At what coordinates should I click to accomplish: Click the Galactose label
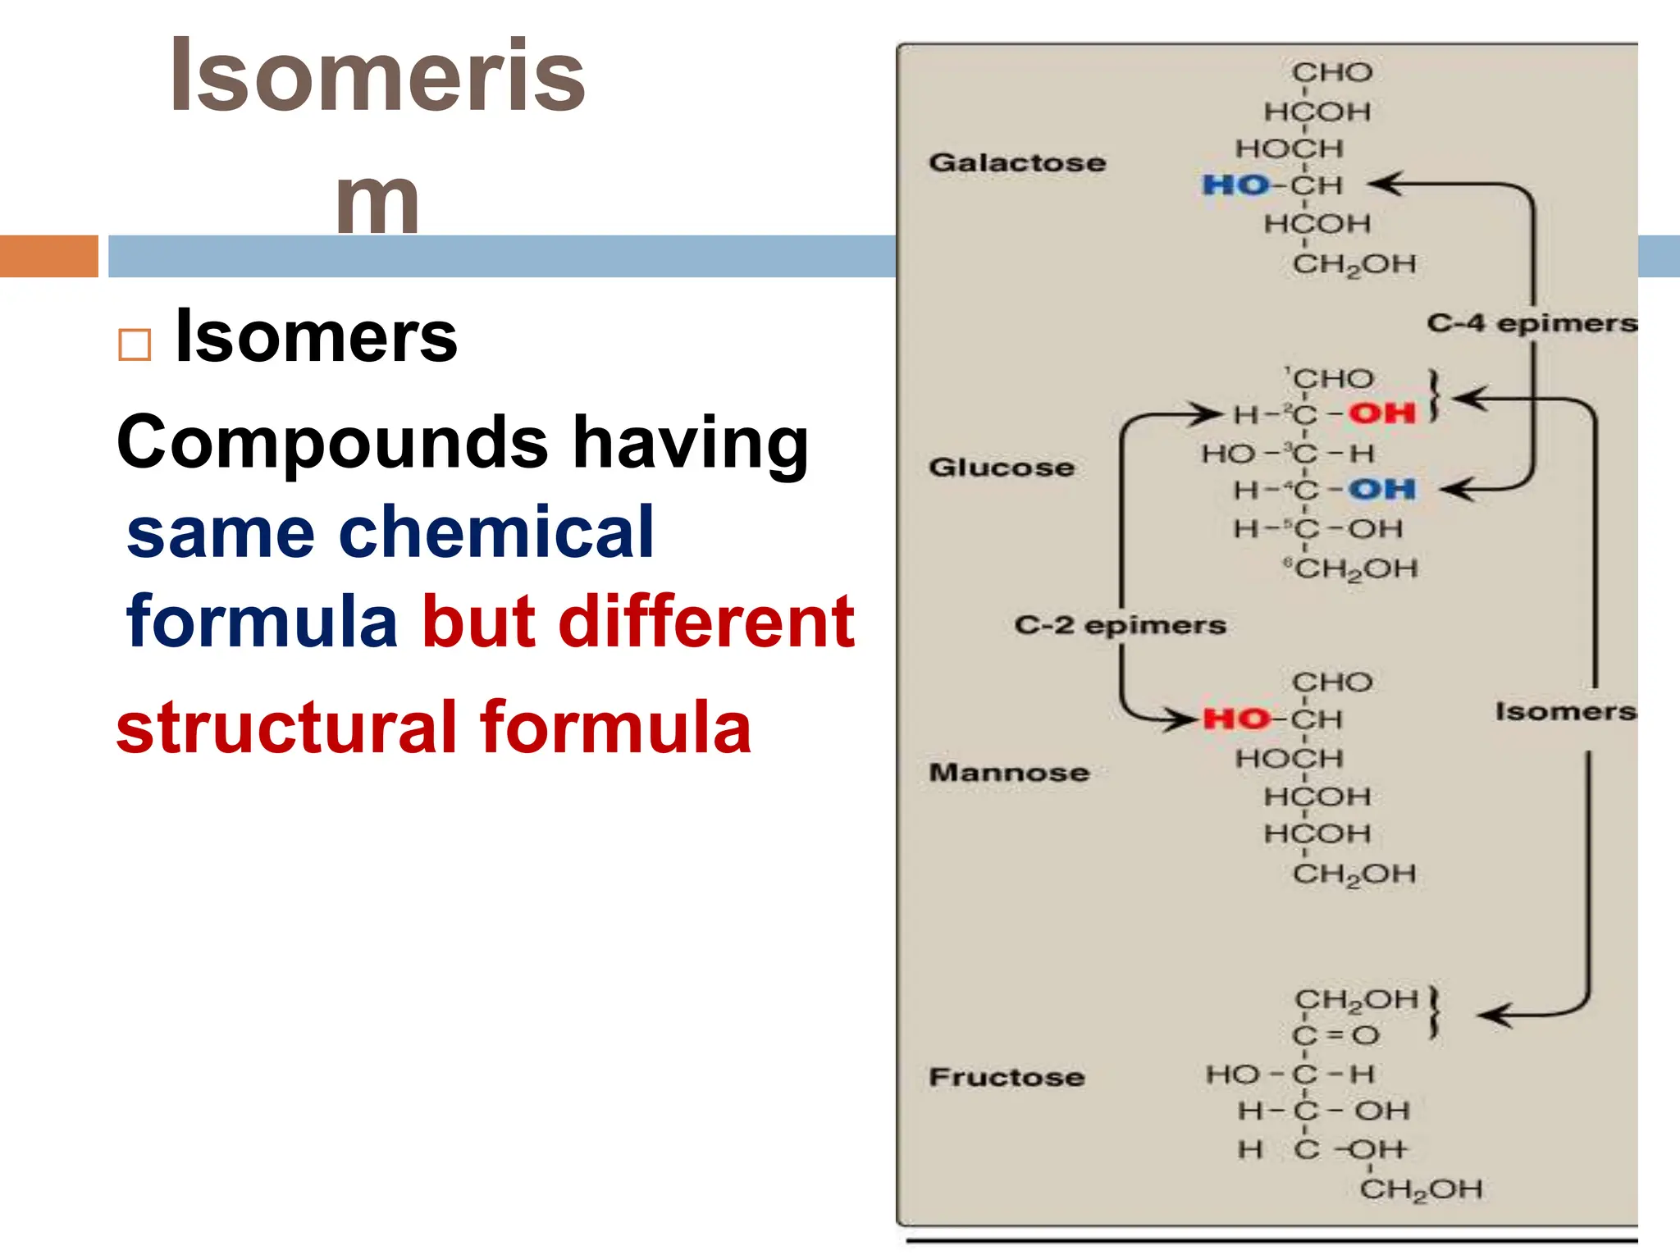(1017, 162)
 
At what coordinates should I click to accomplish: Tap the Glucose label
(1002, 468)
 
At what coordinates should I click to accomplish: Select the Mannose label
(1009, 772)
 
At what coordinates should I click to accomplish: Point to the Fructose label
(1007, 1077)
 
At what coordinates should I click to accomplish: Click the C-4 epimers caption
(1532, 323)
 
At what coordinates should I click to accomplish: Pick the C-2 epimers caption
(1120, 625)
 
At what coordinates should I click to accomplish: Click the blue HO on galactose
(1235, 185)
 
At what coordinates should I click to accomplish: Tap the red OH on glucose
(1383, 413)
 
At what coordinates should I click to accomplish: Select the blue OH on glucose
(1383, 490)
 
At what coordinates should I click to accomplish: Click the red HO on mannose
(1236, 719)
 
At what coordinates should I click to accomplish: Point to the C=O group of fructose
(1336, 1035)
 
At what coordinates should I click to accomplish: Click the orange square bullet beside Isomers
(135, 345)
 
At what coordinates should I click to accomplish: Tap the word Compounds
(332, 443)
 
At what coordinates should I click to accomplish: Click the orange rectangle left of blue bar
(48, 256)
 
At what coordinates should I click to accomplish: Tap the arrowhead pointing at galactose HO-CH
(1386, 184)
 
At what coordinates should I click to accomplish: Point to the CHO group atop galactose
(1332, 72)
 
